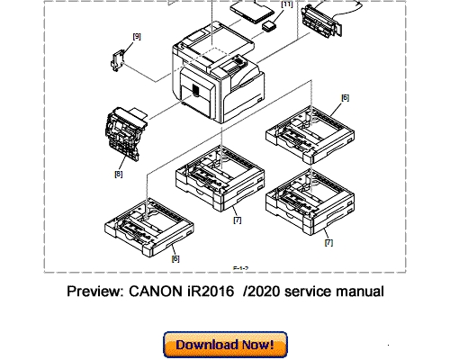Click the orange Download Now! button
pyautogui.click(x=224, y=343)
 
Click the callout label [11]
pyautogui.click(x=286, y=5)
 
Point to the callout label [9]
pyautogui.click(x=137, y=36)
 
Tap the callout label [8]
pyautogui.click(x=118, y=174)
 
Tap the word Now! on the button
pyautogui.click(x=260, y=343)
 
